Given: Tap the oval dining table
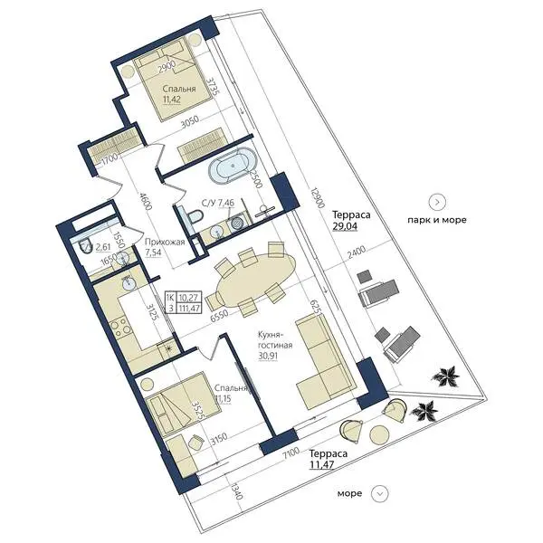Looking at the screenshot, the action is click(x=256, y=279).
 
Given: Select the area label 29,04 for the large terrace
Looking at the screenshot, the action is click(x=345, y=226).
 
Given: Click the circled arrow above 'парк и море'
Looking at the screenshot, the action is click(x=437, y=202).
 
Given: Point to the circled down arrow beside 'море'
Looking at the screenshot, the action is click(x=379, y=493).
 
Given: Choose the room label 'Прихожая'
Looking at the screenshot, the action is click(x=165, y=242).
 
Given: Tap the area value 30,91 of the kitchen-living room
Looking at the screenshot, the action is click(x=268, y=356).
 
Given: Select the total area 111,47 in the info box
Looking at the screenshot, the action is click(x=189, y=307).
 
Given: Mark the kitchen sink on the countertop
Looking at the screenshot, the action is click(x=129, y=284).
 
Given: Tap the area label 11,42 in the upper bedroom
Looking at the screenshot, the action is click(x=172, y=99).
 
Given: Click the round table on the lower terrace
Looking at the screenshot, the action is click(x=379, y=435).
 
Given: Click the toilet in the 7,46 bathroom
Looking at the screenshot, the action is click(x=195, y=216).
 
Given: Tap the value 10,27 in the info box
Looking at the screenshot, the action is click(x=189, y=298).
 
